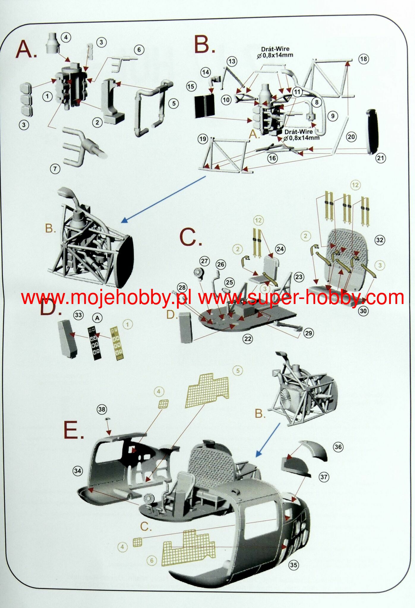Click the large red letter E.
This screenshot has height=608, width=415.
point(73,430)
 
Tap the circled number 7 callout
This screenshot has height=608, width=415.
point(55,169)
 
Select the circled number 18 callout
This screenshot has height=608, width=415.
point(364,59)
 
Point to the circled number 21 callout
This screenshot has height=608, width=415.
point(381,158)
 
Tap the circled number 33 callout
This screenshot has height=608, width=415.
point(78,315)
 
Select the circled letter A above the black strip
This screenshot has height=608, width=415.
point(97,318)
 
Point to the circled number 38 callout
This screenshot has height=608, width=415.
point(102,409)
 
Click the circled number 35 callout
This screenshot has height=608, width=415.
point(294,565)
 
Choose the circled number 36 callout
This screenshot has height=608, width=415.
point(338,447)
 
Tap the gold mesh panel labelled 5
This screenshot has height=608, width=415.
point(207,390)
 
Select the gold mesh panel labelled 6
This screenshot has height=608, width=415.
point(189,548)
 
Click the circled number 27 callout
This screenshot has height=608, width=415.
point(204,261)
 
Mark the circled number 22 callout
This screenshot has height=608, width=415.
point(248,339)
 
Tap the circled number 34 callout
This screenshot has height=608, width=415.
point(78,471)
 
